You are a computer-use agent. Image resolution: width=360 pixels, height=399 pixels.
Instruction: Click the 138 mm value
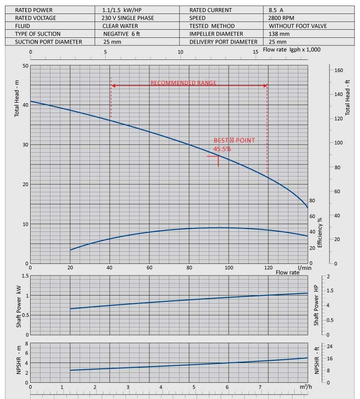tap(279, 34)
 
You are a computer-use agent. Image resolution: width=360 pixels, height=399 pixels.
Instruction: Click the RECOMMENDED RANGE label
tap(183, 83)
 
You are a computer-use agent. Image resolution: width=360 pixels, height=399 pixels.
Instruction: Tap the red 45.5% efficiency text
tap(223, 148)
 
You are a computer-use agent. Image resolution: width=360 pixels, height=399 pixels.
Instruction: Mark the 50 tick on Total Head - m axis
tap(25, 66)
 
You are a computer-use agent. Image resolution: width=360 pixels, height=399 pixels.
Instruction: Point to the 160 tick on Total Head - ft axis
tap(339, 70)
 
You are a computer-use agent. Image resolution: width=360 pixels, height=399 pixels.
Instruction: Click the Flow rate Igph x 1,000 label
tap(292, 50)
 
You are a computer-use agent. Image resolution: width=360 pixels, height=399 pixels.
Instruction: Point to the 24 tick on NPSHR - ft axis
tap(329, 346)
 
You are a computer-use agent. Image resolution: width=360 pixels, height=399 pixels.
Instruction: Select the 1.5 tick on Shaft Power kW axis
tap(25, 276)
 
